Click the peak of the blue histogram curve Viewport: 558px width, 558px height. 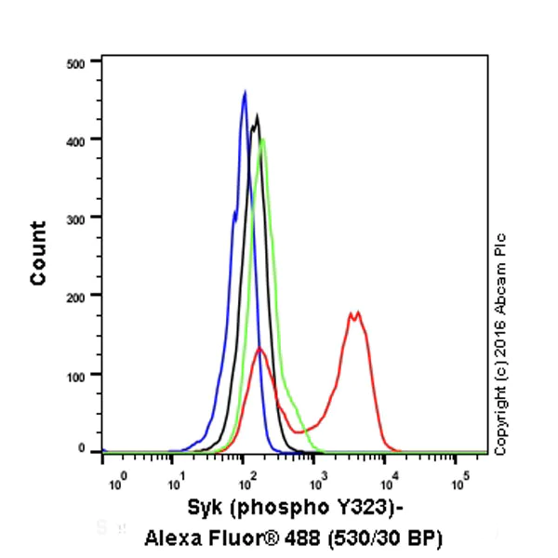tap(245, 92)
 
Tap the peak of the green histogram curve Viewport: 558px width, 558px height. tap(263, 139)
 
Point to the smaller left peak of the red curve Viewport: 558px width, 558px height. tap(261, 349)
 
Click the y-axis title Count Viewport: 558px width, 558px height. tap(38, 253)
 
